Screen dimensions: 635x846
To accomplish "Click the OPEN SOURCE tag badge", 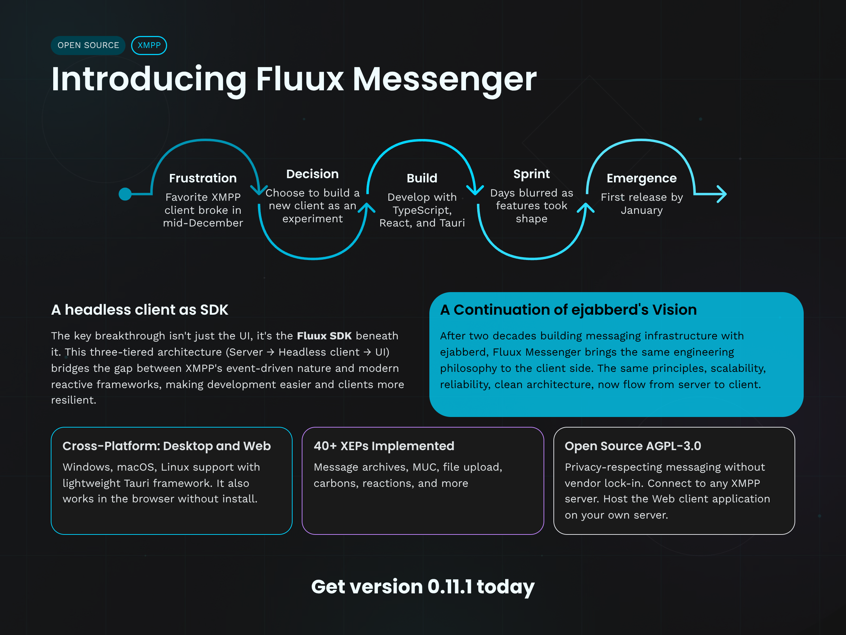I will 88,45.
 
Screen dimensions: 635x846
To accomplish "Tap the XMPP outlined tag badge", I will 149,45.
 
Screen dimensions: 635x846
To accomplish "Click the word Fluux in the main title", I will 300,79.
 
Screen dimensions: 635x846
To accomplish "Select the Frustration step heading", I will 203,178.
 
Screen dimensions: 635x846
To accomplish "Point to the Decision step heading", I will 312,174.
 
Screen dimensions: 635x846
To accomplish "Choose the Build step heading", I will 422,178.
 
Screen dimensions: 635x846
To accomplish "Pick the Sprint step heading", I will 531,174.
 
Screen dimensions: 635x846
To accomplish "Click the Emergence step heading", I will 642,178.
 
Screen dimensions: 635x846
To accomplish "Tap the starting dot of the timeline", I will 125,194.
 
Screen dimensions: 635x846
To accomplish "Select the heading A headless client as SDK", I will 140,310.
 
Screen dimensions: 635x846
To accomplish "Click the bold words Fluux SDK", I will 324,336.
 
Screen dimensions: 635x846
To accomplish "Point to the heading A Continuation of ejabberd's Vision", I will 568,310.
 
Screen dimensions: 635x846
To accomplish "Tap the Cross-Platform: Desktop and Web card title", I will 166,446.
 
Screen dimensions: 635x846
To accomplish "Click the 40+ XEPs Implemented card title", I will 384,446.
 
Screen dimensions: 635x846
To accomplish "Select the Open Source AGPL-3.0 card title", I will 633,446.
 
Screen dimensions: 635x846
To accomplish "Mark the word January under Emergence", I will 642,210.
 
